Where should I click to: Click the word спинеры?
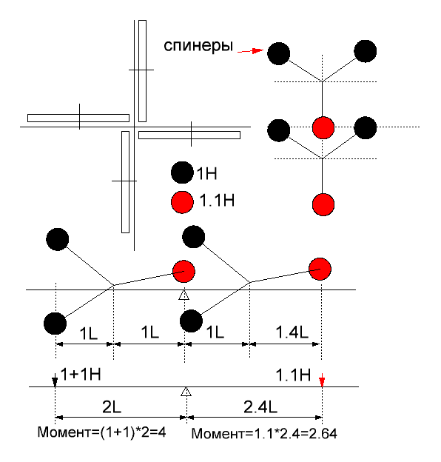[198, 46]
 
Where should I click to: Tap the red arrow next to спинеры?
[250, 51]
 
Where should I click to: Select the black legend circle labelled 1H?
[182, 173]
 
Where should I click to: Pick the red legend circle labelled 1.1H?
[182, 202]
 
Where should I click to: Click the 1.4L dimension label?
[292, 332]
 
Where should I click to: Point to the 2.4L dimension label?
[260, 407]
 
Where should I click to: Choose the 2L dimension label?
[112, 407]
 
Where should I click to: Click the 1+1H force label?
[81, 374]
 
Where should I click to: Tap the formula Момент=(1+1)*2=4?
[101, 432]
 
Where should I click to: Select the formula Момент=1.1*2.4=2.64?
[264, 433]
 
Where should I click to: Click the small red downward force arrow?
[322, 380]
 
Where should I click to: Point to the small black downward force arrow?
[55, 380]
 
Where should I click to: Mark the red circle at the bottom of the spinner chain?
[323, 204]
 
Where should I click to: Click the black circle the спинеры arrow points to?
[278, 53]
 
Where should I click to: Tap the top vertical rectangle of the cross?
[143, 71]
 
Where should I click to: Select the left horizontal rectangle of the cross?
[78, 118]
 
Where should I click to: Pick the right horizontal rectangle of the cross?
[189, 135]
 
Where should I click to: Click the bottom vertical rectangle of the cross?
[125, 182]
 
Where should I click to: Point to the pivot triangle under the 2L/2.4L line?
[186, 392]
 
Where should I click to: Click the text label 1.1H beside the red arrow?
[293, 375]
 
